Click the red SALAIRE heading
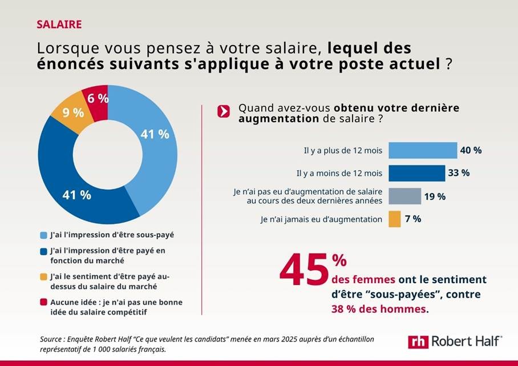59,24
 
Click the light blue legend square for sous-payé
43,235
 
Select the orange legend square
43,276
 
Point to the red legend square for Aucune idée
43,303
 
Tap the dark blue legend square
43,250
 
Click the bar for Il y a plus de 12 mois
423,150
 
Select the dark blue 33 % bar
416,173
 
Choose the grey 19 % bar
404,196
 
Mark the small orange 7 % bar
394,219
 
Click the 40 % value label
471,150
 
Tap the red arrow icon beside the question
224,111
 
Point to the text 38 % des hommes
379,309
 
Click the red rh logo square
418,341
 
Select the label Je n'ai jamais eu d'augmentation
321,219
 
